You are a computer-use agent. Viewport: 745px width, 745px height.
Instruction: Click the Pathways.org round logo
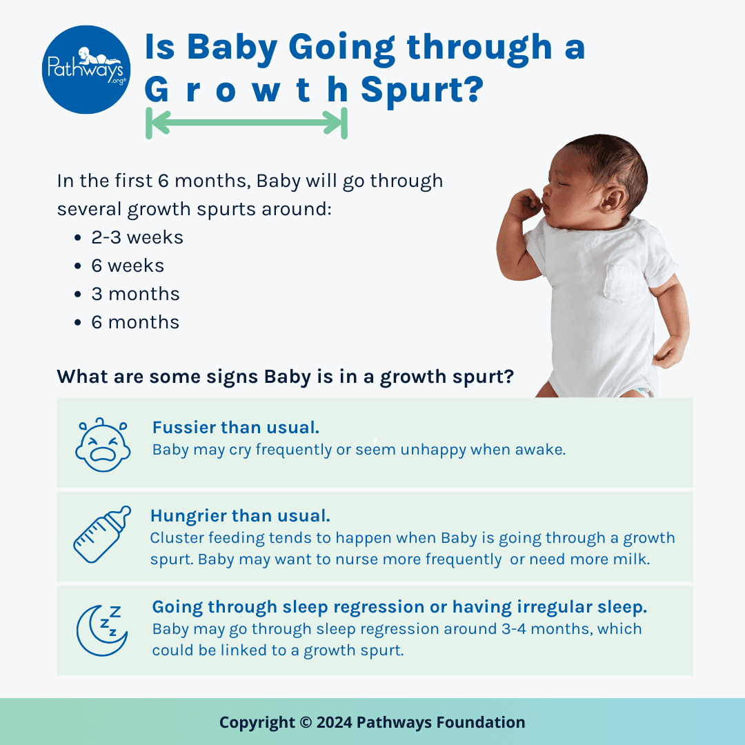click(x=86, y=70)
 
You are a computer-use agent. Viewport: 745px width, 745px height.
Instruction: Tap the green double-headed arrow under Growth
click(x=246, y=123)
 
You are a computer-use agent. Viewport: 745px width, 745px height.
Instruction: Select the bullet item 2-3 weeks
click(x=137, y=237)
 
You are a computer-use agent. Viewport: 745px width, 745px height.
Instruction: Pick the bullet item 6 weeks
click(x=128, y=266)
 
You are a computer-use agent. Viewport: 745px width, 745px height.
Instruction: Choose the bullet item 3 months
click(x=135, y=294)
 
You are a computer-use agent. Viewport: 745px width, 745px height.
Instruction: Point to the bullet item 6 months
click(x=135, y=323)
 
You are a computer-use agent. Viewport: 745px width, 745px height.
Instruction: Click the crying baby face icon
click(x=103, y=445)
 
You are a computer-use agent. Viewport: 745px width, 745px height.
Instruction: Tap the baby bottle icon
click(x=102, y=535)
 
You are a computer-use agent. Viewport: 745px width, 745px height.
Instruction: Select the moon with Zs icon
click(x=101, y=630)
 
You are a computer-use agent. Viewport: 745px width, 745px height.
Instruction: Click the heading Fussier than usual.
click(x=236, y=428)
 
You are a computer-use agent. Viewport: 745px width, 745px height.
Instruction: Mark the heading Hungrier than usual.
click(x=240, y=516)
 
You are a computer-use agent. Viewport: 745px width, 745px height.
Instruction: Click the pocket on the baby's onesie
click(x=626, y=284)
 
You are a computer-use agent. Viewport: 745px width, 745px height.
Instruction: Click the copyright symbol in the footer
click(x=306, y=723)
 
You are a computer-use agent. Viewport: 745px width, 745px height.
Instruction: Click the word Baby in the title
click(x=232, y=48)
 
